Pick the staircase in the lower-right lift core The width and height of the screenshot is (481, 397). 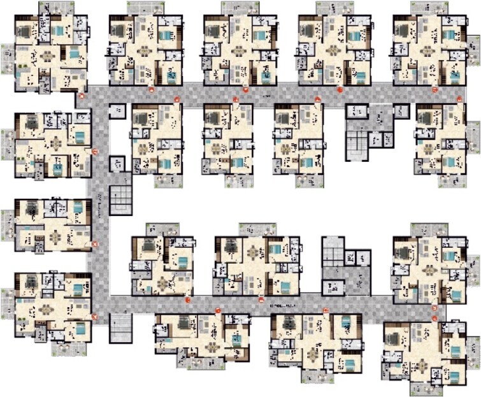click(x=331, y=251)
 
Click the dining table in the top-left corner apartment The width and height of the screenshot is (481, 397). click(x=47, y=57)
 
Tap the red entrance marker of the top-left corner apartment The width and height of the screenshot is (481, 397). click(x=79, y=96)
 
